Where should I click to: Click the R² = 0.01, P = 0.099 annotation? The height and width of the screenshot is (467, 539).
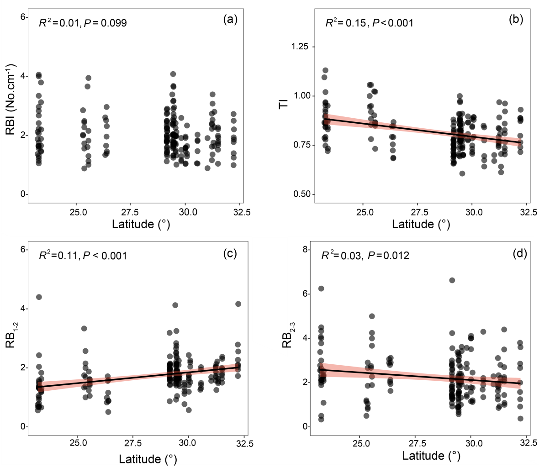[x=83, y=22]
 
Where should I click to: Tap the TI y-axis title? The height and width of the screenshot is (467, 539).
[x=284, y=104]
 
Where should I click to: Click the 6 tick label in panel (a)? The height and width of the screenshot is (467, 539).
[x=21, y=17]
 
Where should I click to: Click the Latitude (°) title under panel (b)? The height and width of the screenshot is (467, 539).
[x=421, y=224]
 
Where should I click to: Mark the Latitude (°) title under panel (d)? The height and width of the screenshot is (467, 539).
[x=431, y=456]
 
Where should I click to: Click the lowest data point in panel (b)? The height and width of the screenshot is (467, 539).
[x=462, y=173]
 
